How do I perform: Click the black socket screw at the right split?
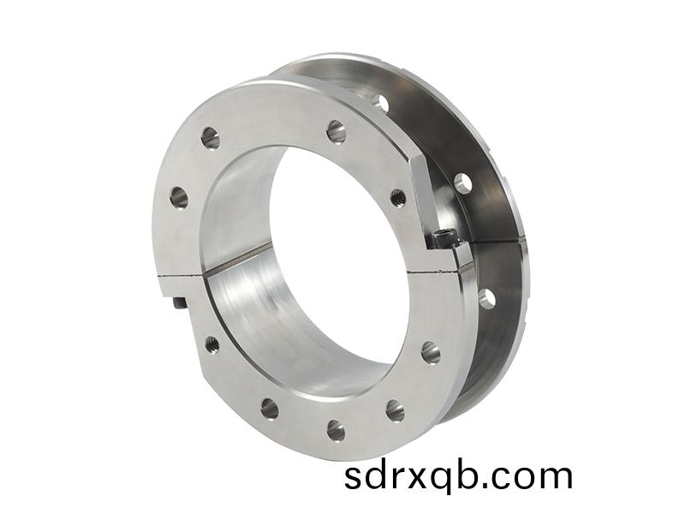(x=442, y=238)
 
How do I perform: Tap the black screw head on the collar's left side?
(x=179, y=302)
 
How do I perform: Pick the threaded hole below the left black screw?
(x=211, y=344)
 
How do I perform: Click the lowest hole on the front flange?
(x=336, y=430)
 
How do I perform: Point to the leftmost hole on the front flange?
(x=178, y=198)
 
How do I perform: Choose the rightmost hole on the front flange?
(x=430, y=352)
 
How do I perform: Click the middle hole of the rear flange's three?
(x=463, y=182)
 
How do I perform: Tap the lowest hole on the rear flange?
(x=486, y=299)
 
